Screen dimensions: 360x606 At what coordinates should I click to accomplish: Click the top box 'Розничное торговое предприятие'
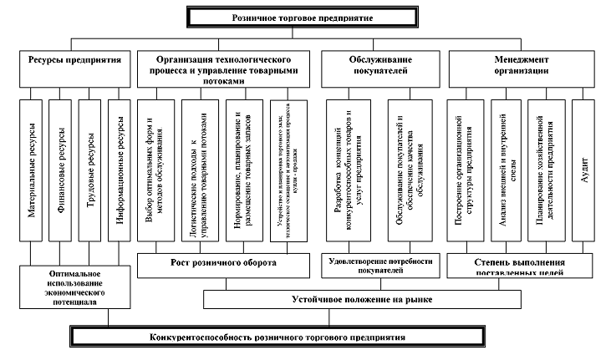(303, 15)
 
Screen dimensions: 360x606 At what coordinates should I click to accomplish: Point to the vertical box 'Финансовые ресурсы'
(61, 170)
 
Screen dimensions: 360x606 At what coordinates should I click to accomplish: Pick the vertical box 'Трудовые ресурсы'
(91, 170)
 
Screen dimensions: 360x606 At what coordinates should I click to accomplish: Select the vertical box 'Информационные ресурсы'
(120, 170)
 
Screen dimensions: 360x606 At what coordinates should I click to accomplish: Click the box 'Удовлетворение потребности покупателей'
(376, 266)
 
